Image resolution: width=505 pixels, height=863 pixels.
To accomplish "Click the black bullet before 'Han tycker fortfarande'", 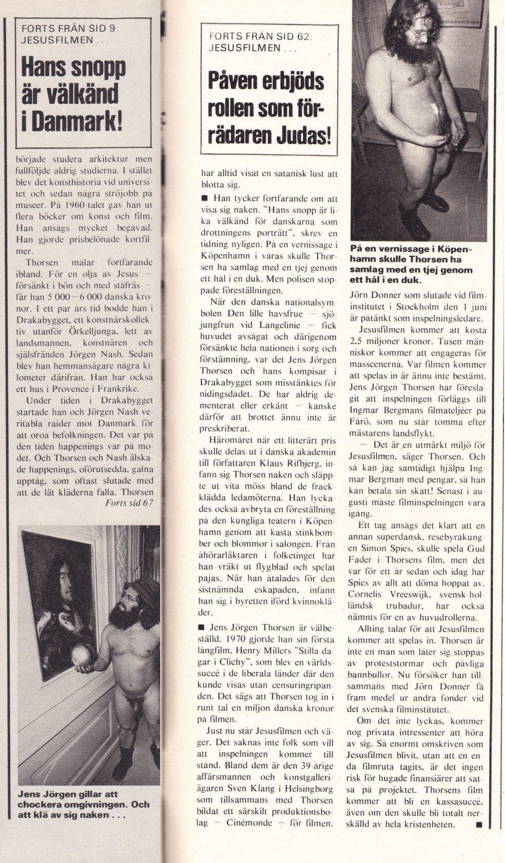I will click(204, 198).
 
